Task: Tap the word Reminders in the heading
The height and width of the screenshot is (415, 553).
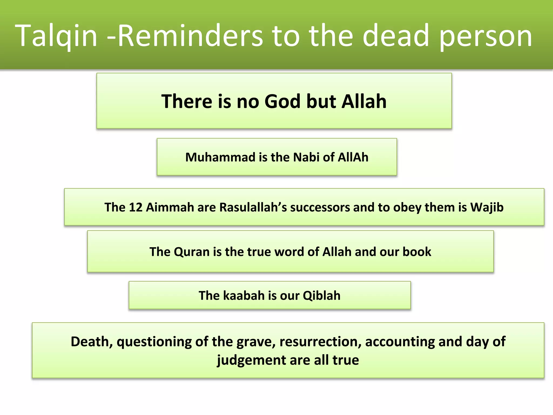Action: tap(190, 36)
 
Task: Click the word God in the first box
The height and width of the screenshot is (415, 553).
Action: tap(282, 101)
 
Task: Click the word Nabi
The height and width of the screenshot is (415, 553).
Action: tap(306, 157)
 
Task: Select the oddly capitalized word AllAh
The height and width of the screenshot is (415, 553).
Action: tap(353, 157)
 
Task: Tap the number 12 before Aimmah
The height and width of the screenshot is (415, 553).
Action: tap(136, 207)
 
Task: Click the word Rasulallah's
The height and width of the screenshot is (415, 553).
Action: tap(253, 207)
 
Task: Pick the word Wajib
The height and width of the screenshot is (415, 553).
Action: tap(487, 207)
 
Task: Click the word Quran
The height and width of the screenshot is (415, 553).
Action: tap(192, 252)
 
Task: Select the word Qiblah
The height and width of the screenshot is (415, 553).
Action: tap(321, 296)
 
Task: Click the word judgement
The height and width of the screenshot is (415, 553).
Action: tap(251, 360)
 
